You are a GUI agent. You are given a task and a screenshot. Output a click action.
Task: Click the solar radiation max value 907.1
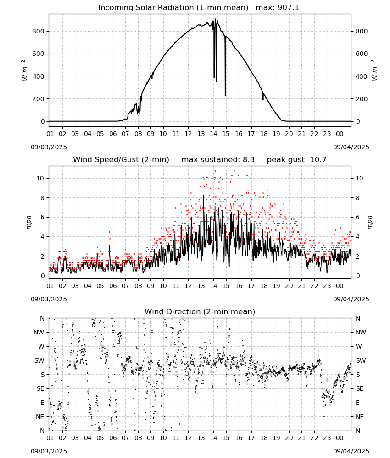pos(288,8)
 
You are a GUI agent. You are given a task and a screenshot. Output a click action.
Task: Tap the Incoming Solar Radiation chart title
pos(173,8)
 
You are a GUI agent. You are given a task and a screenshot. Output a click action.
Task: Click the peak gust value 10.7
pos(318,160)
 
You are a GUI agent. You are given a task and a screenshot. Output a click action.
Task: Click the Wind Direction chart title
pos(200,311)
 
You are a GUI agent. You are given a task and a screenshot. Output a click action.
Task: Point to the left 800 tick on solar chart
pos(38,31)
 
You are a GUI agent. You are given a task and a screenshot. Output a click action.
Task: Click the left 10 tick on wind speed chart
pos(40,178)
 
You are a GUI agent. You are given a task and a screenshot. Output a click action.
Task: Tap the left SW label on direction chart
pos(39,360)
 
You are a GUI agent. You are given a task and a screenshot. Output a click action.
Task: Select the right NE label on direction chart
pos(360,417)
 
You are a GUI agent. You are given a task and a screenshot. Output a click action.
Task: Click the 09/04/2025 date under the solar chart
pos(351,147)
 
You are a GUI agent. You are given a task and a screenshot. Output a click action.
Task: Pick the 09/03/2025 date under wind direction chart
pos(49,451)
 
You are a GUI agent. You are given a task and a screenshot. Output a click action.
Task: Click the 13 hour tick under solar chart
pos(201,134)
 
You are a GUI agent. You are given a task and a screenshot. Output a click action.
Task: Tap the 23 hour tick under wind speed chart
pos(327,286)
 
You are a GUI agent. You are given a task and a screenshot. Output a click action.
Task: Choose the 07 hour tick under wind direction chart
pos(125,438)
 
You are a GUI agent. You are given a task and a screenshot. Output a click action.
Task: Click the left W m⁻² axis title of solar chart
pos(25,71)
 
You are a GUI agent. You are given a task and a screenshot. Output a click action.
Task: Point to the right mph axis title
pos(369,222)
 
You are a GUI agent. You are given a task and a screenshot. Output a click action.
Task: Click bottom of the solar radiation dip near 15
pos(225,95)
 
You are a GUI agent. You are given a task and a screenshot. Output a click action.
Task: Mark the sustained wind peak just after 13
pos(203,195)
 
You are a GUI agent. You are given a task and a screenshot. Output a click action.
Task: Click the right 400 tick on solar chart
pos(362,76)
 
